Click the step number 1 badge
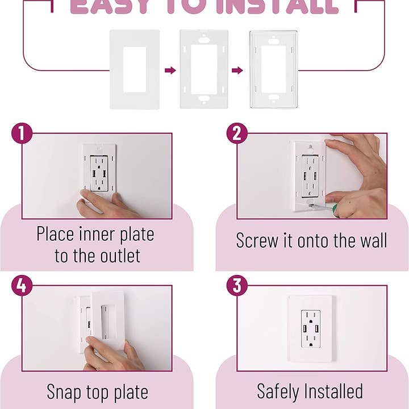point(22,134)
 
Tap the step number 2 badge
point(237,134)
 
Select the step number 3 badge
point(237,286)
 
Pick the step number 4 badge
point(22,286)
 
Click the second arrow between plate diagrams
point(237,70)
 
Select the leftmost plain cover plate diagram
point(134,69)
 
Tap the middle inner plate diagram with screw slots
point(203,69)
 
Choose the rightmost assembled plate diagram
point(273,69)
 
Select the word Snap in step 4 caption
point(65,392)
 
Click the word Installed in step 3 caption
point(336,391)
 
